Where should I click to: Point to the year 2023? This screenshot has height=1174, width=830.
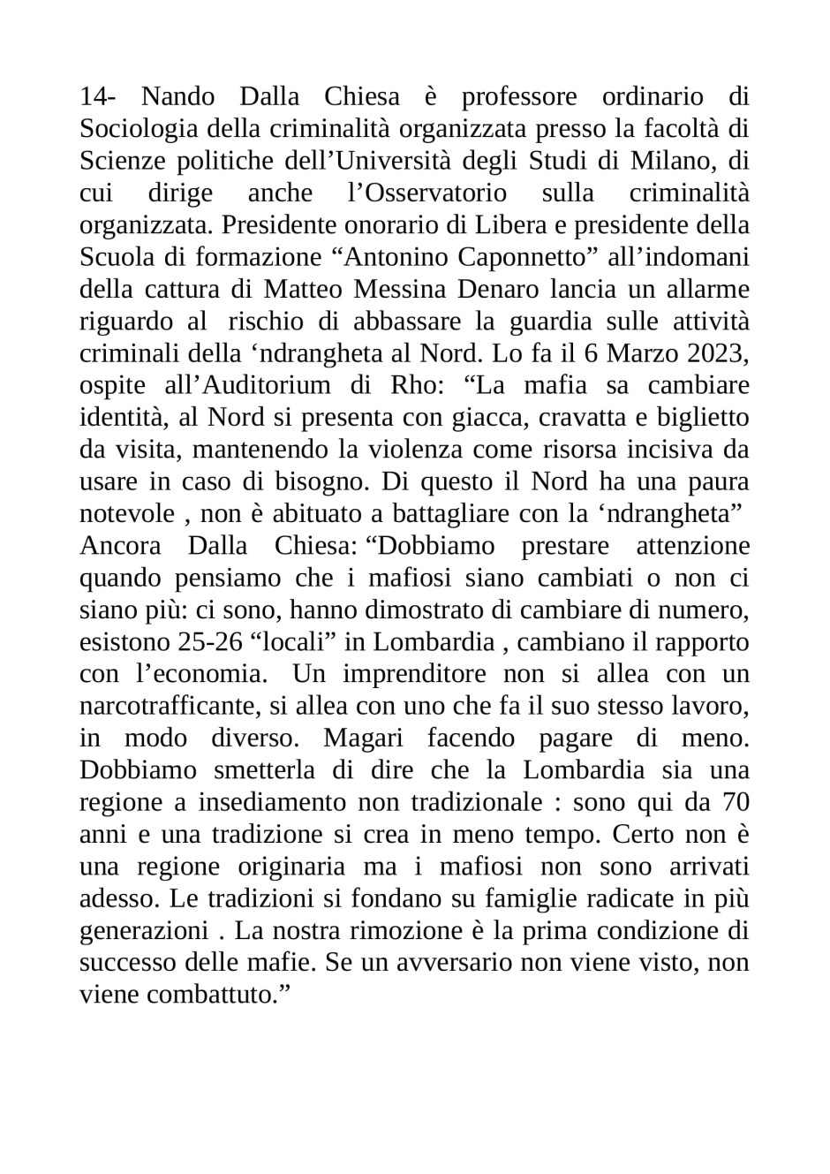pos(712,353)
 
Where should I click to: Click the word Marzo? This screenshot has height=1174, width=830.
pos(635,353)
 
